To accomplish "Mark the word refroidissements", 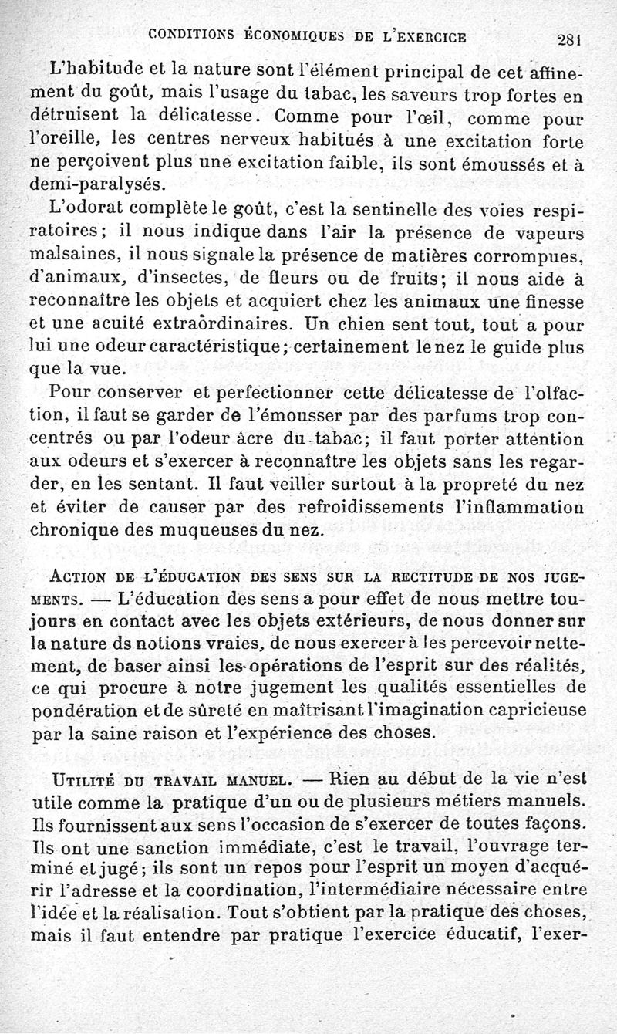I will pos(372,509).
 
